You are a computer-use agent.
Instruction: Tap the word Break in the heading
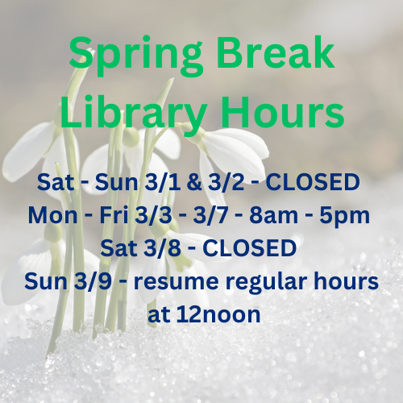click(x=277, y=54)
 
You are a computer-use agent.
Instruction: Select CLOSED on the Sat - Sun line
click(x=312, y=183)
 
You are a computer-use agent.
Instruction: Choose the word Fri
click(x=112, y=216)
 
